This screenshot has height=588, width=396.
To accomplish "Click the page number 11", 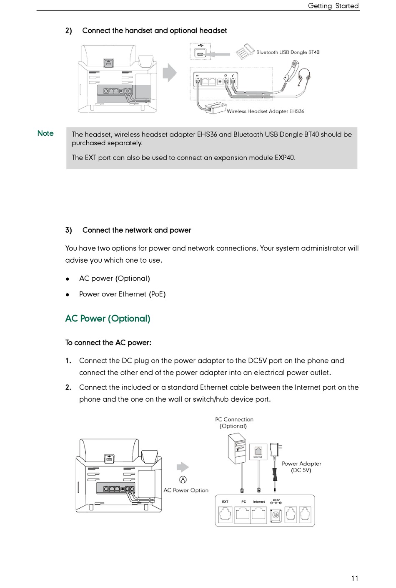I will pyautogui.click(x=354, y=578).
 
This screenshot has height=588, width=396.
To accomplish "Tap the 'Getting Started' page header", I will pyautogui.click(x=333, y=6).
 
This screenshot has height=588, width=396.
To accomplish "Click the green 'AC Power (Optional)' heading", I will pyautogui.click(x=108, y=319).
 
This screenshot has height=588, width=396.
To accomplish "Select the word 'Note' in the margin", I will pyautogui.click(x=45, y=133).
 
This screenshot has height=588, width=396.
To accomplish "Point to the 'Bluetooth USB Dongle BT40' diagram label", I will pyautogui.click(x=288, y=52).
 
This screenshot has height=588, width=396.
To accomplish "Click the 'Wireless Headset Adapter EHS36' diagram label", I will pyautogui.click(x=266, y=112).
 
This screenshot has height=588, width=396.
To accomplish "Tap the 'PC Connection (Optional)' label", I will pyautogui.click(x=234, y=423).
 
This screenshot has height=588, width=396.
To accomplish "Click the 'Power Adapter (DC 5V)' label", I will pyautogui.click(x=301, y=467).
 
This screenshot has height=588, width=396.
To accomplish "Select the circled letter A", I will pyautogui.click(x=183, y=480).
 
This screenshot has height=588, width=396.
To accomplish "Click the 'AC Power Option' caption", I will pyautogui.click(x=186, y=490).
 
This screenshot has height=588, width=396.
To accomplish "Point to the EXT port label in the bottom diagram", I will pyautogui.click(x=225, y=502).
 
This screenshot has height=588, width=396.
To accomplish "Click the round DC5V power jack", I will pyautogui.click(x=275, y=515).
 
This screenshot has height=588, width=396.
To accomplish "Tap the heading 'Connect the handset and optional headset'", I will pyautogui.click(x=154, y=30).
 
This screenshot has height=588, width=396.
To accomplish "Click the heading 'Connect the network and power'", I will pyautogui.click(x=137, y=230).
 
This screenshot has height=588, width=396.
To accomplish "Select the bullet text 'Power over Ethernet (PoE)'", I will pyautogui.click(x=122, y=294).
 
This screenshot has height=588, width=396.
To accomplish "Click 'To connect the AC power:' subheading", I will pyautogui.click(x=108, y=343).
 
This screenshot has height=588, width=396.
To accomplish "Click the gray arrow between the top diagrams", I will pyautogui.click(x=170, y=73).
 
